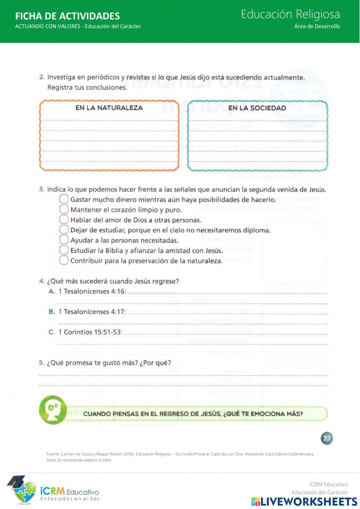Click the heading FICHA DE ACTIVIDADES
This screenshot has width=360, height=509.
tap(67, 16)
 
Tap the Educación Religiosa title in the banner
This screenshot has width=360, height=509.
tap(290, 14)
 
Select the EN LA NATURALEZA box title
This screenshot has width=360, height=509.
tap(109, 108)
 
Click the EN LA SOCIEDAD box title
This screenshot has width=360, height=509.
tap(257, 108)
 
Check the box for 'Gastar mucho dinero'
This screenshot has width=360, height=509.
tap(64, 199)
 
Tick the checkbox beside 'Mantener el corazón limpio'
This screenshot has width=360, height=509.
tap(64, 209)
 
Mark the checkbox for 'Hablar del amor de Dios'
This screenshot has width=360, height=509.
tap(64, 219)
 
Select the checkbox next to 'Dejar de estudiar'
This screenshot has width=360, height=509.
tap(64, 229)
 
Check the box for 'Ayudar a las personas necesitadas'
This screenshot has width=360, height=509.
tap(64, 240)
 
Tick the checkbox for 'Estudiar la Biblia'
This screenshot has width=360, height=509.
tap(64, 250)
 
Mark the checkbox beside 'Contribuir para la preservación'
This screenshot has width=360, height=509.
tap(64, 260)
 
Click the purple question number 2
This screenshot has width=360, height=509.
tap(42, 77)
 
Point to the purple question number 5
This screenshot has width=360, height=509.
tap(42, 363)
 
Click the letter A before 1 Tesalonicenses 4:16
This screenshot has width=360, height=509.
tap(52, 291)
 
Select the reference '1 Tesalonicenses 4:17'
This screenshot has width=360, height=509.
tap(92, 312)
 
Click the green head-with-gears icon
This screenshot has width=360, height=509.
tap(53, 410)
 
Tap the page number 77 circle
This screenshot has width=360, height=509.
tap(327, 438)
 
